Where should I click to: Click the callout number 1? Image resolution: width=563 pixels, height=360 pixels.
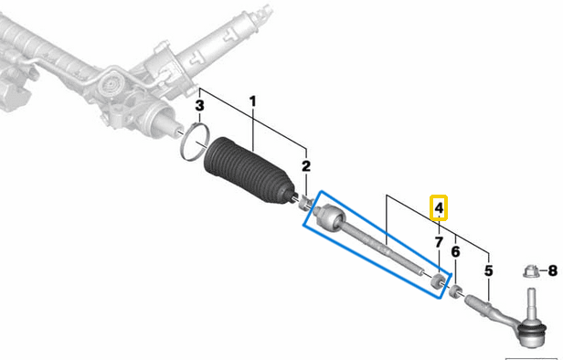pos(253,101)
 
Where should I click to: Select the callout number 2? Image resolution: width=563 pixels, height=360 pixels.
pos(306,166)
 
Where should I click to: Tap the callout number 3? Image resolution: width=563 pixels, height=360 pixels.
pos(199,106)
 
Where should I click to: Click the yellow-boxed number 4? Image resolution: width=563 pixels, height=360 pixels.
pos(439,208)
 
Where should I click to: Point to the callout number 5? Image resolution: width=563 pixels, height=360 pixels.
pos(489,270)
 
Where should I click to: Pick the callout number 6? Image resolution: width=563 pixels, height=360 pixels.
pos(455,251)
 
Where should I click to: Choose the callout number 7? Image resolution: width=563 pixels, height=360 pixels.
pos(439,243)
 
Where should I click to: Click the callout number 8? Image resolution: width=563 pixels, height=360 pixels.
pos(553,270)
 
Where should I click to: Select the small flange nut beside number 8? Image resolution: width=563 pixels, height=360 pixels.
pos(530,271)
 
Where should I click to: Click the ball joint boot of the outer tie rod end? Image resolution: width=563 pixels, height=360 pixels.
pos(532,331)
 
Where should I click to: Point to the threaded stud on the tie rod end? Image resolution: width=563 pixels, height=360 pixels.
pos(531,303)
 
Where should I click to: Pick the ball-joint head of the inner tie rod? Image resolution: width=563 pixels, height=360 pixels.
pos(331,217)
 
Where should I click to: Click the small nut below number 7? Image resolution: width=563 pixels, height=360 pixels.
pos(438,281)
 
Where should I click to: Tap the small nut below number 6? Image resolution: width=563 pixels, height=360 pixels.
pos(455,291)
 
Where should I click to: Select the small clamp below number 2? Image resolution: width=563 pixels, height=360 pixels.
pos(305,204)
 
